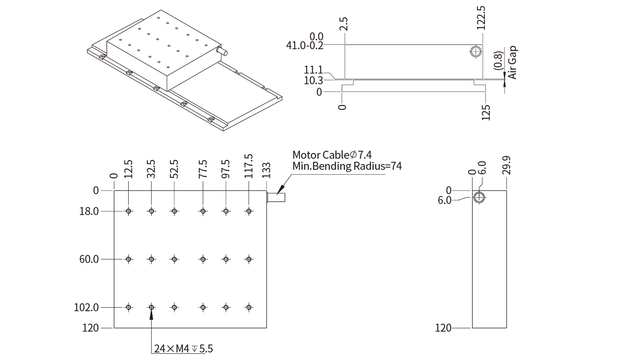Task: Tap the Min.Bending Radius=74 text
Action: coord(347,166)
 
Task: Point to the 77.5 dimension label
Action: coord(203,169)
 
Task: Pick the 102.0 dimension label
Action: coord(87,307)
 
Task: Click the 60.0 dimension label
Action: coord(89,259)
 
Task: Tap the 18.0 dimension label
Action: coord(89,211)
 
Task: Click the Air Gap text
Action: coord(512,63)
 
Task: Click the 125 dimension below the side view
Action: coord(486,113)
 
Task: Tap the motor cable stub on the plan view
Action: coord(276,197)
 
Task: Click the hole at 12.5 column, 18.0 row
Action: coord(129,211)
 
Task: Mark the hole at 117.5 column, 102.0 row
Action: coord(249,307)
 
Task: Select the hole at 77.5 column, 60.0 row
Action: coord(203,259)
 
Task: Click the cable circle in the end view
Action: coord(479,197)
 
